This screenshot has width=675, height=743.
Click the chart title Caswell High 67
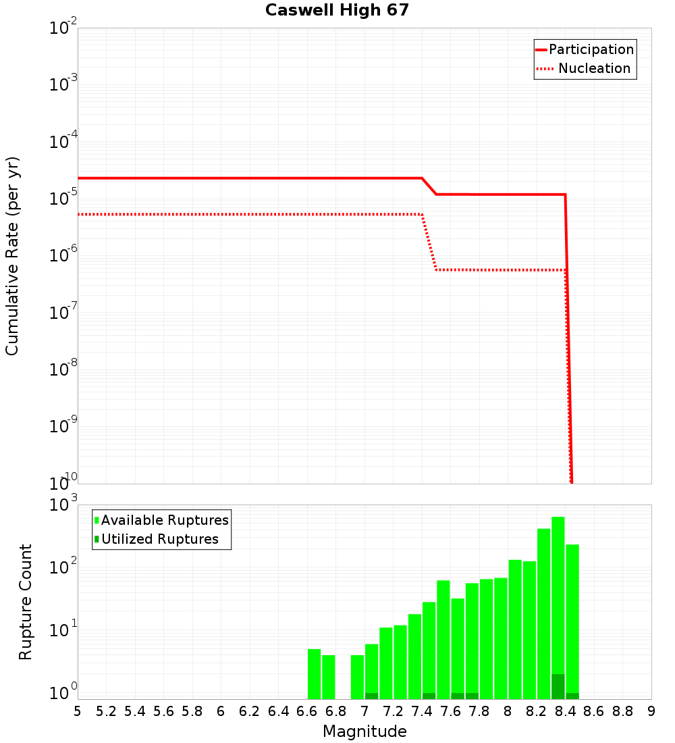click(337, 11)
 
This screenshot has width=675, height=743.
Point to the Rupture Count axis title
click(26, 601)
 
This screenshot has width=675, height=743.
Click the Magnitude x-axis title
click(364, 732)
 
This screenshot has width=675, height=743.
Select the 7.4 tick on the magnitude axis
click(422, 711)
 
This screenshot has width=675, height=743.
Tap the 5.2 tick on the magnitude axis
click(106, 711)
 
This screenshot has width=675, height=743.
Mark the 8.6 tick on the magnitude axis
click(594, 711)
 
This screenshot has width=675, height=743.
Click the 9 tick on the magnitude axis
click(651, 711)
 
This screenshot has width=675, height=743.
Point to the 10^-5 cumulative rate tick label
click(63, 199)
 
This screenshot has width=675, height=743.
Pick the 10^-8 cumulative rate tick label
click(63, 369)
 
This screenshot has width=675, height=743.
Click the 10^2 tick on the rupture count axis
click(63, 567)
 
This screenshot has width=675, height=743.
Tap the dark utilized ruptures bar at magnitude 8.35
click(558, 686)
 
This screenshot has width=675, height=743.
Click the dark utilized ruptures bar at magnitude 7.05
click(371, 696)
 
